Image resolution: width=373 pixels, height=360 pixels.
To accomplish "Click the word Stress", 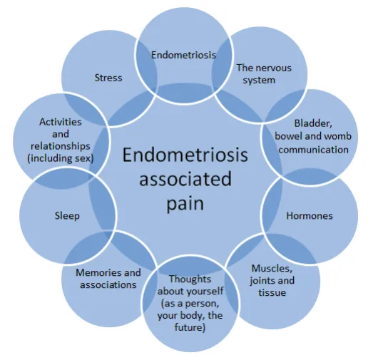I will [x=108, y=78].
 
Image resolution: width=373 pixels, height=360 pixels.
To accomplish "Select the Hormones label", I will [x=309, y=215].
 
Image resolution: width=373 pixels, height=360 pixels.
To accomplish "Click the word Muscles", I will [x=270, y=267].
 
